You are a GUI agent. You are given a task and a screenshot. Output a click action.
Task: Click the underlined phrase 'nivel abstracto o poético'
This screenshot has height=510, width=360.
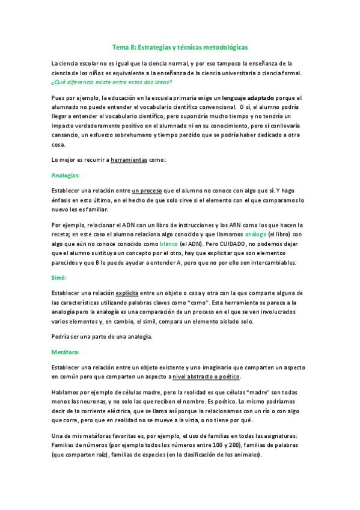[206, 376]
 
